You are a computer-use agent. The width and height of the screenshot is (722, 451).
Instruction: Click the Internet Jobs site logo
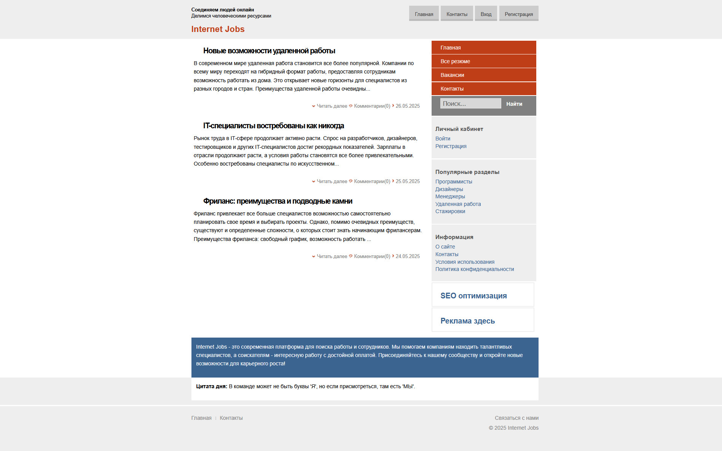coord(218,29)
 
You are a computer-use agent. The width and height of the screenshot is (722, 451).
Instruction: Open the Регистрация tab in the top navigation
coord(518,14)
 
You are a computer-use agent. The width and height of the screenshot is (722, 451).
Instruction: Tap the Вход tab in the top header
coord(486,14)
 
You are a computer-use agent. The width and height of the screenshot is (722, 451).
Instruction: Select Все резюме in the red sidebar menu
coord(455,61)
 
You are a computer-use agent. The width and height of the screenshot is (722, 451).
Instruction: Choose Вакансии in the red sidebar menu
coord(452,75)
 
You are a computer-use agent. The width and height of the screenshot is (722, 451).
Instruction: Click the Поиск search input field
coord(470,104)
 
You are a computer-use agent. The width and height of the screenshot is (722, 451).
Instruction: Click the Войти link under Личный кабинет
coord(443,139)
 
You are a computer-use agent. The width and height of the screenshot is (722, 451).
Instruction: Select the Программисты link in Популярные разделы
coord(454,182)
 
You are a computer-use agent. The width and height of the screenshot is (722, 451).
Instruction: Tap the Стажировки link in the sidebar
coord(450,211)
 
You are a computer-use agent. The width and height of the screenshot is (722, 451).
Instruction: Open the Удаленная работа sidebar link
coord(458,204)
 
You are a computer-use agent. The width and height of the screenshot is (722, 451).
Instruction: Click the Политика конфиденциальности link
coord(475,269)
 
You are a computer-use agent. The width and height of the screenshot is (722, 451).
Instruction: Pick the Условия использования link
coord(465,262)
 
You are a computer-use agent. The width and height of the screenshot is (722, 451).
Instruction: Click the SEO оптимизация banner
coord(473,296)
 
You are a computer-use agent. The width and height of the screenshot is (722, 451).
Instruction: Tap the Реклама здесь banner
coord(467,321)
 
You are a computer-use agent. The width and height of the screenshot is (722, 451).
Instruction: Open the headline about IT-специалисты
coord(273,126)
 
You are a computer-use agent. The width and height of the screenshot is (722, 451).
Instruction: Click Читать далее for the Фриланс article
coord(332,257)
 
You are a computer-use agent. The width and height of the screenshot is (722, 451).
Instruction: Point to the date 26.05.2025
coord(407,106)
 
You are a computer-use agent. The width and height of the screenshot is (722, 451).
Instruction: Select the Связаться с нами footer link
coord(516,418)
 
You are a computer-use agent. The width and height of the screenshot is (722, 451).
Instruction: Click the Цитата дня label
coord(212,386)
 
